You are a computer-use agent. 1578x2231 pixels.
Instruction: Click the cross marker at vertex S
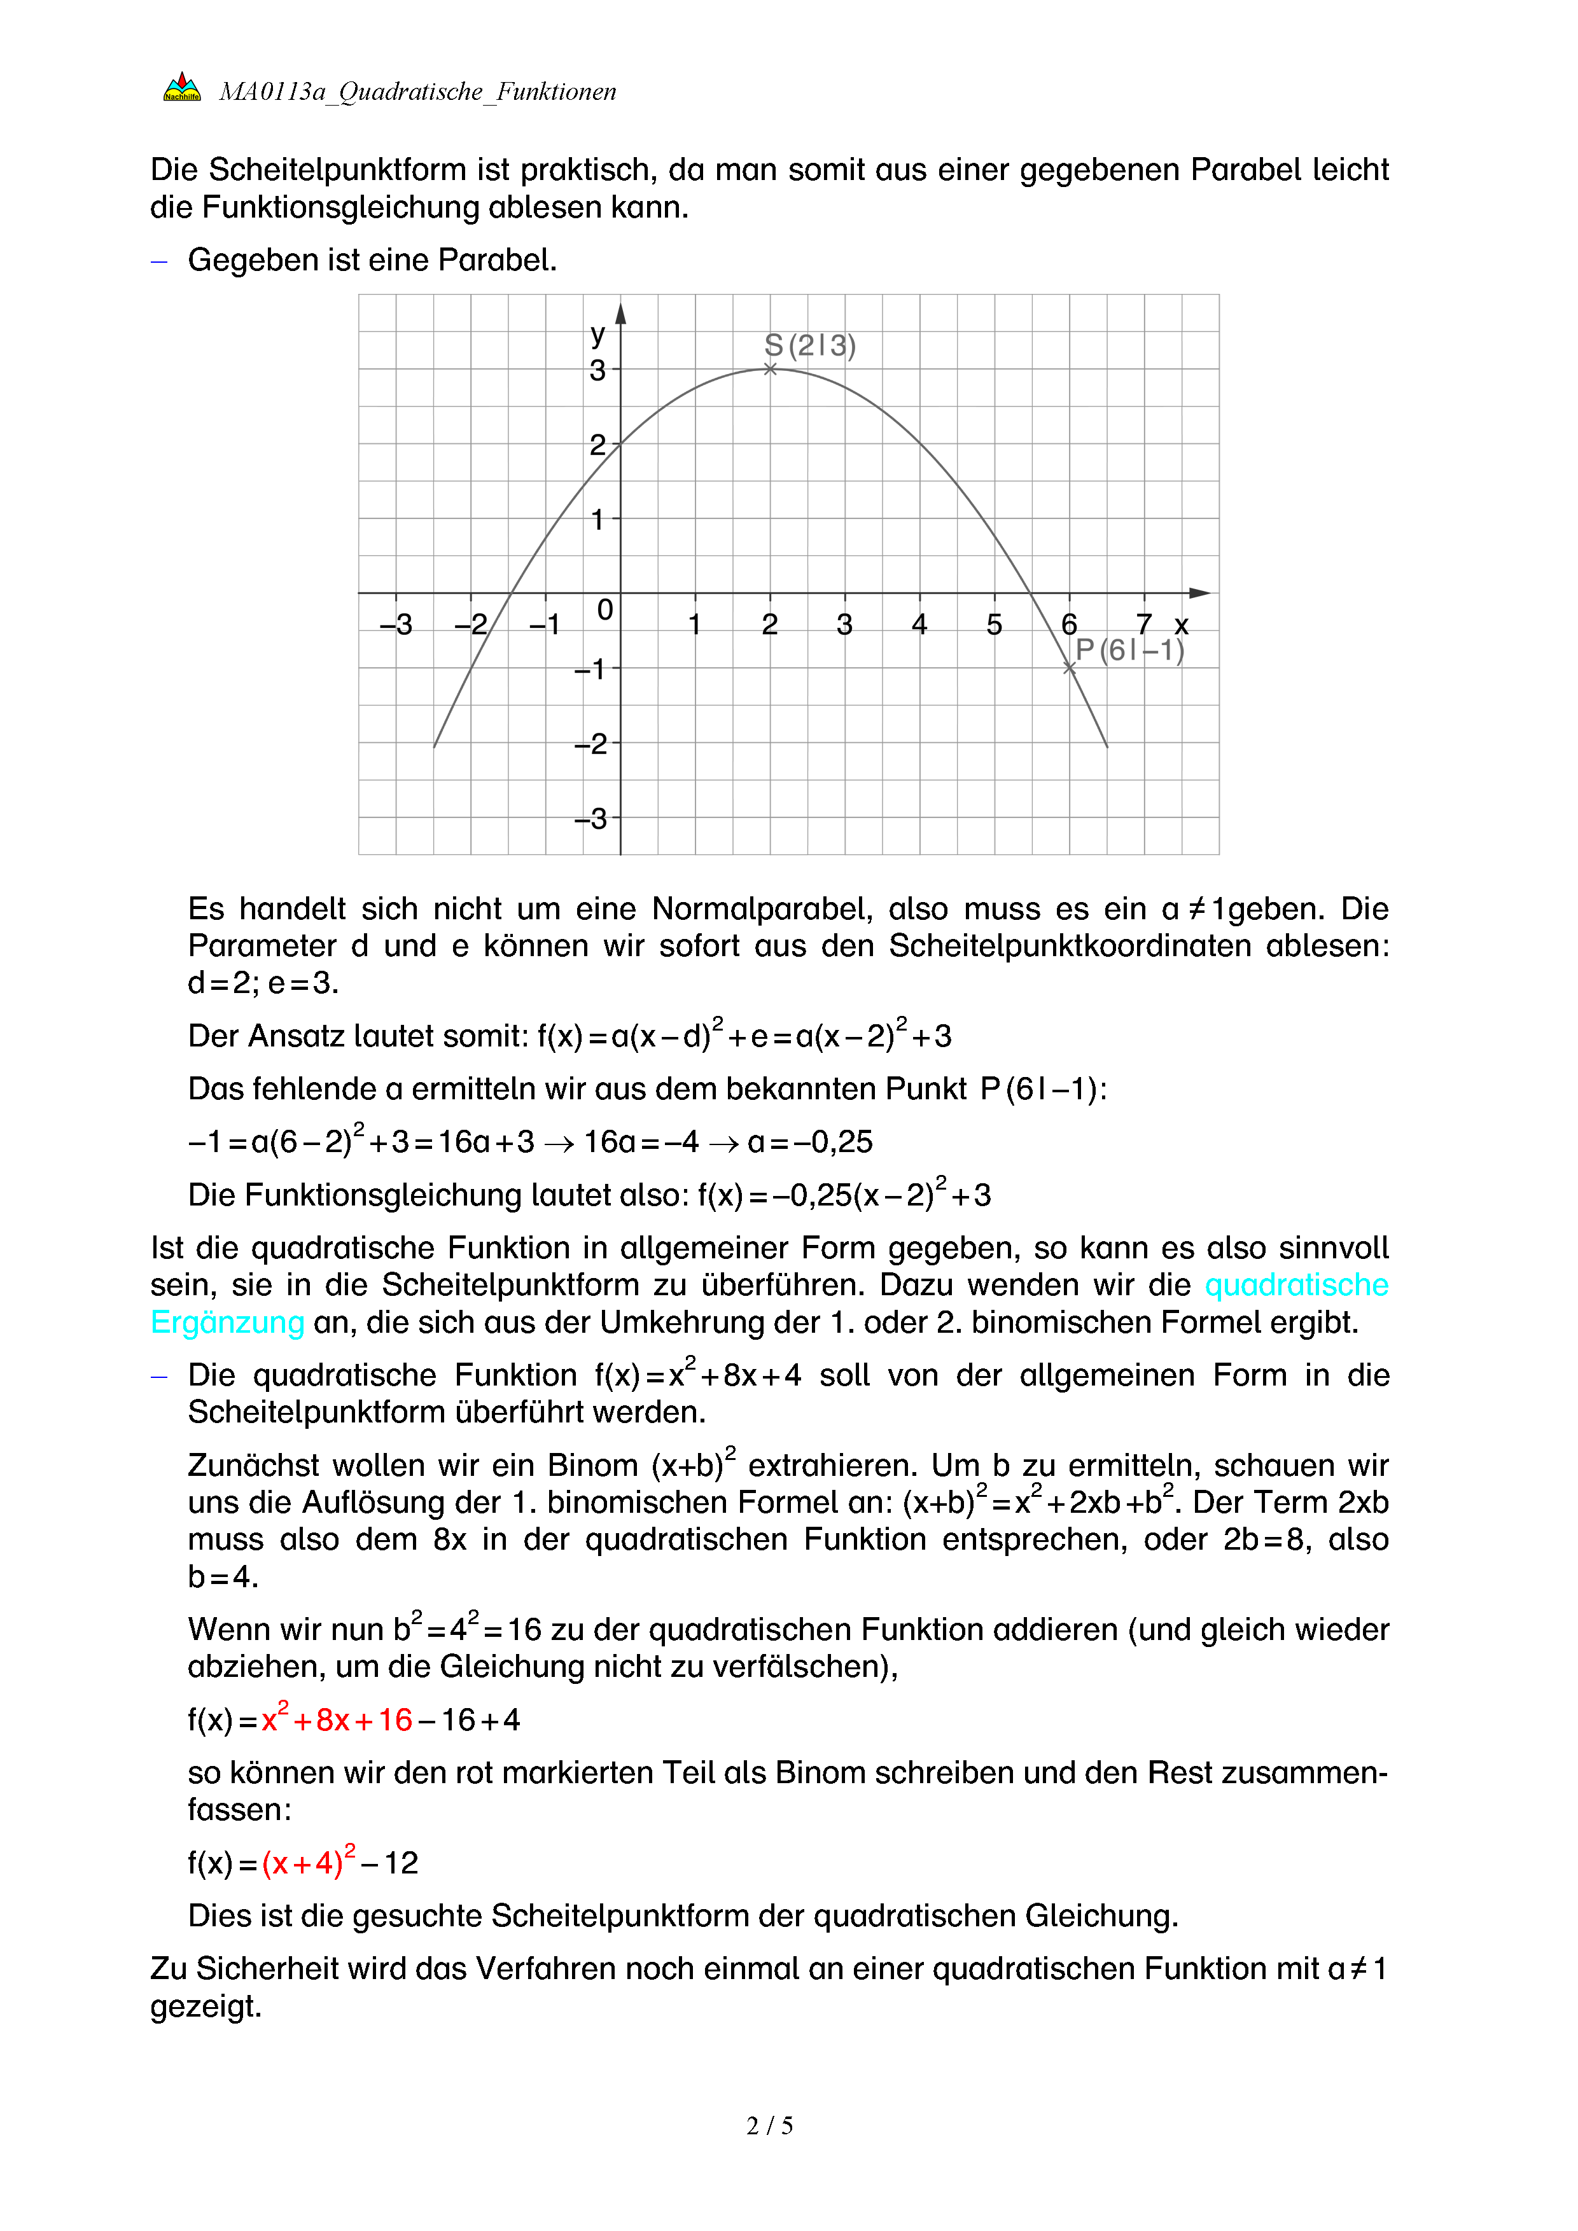pyautogui.click(x=769, y=369)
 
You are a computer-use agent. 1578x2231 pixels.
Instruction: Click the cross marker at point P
pyautogui.click(x=1069, y=667)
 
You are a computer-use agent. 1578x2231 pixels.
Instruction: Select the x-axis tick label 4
pyautogui.click(x=919, y=624)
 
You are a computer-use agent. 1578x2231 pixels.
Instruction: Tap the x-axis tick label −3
pyautogui.click(x=396, y=624)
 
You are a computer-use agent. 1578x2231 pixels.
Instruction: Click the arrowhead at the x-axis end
pyautogui.click(x=1200, y=593)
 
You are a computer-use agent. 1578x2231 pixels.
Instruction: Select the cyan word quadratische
pyautogui.click(x=1295, y=1284)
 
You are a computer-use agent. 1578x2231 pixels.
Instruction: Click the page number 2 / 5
pyautogui.click(x=769, y=2126)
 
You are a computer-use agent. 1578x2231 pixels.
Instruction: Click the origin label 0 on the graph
pyautogui.click(x=604, y=610)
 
